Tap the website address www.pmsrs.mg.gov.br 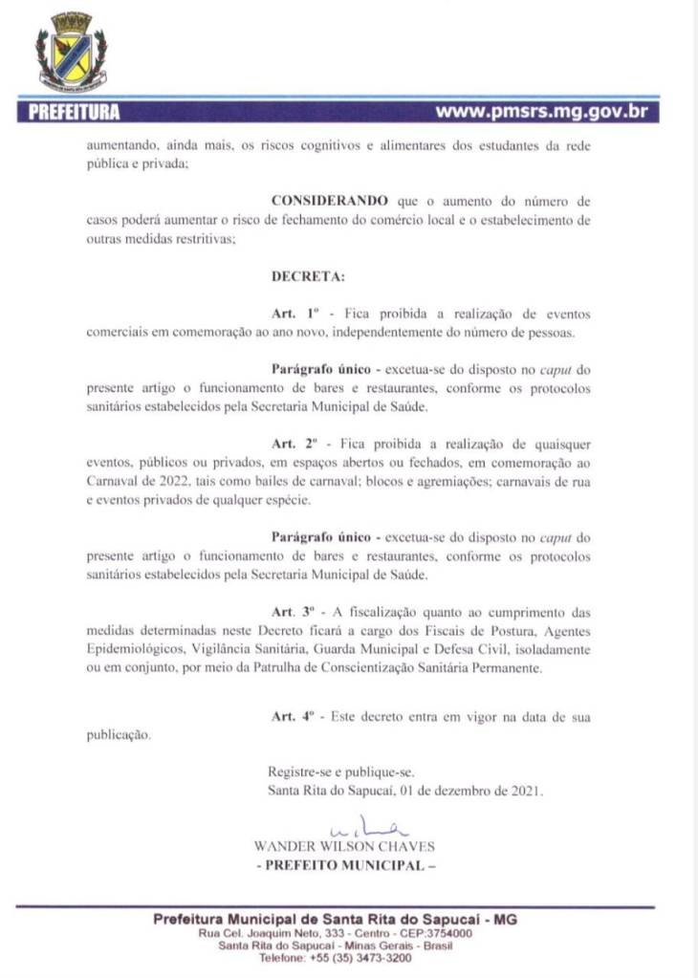[x=542, y=112]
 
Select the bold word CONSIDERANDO [x=330, y=201]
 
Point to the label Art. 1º [x=294, y=313]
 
